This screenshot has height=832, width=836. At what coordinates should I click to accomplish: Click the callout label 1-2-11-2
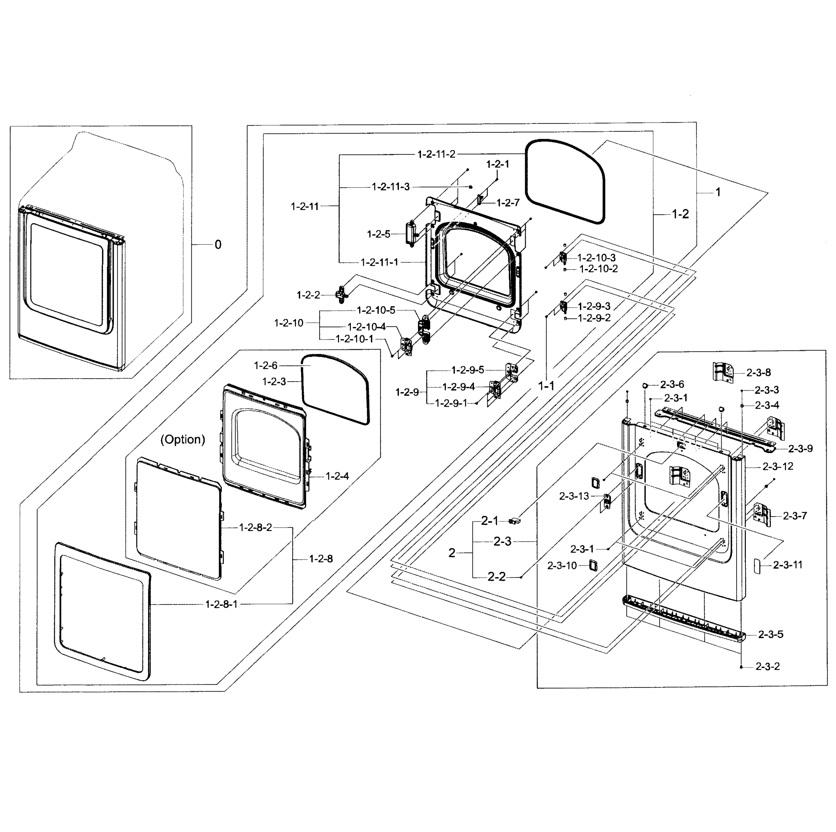coord(436,155)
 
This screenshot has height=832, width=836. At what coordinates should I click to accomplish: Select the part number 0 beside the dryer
coord(218,245)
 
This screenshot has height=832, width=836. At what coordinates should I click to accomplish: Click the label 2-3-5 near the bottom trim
coord(770,635)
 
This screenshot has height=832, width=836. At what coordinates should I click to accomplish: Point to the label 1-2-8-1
coord(221,604)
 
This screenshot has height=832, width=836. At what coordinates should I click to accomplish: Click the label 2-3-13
coord(574,496)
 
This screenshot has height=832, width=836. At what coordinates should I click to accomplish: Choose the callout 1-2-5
coord(378,234)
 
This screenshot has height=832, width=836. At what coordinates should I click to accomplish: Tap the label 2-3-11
coord(787,565)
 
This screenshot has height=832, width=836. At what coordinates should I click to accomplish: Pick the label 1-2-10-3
coord(596,258)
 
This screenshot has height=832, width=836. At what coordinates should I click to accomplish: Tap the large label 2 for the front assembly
coord(452,553)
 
